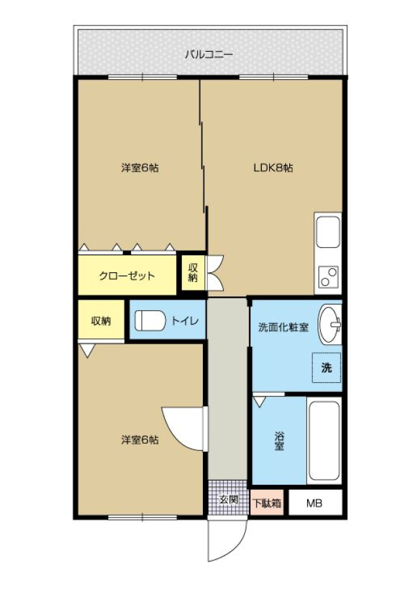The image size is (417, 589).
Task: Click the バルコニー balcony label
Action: click(209, 55)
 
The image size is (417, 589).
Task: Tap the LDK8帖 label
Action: click(273, 168)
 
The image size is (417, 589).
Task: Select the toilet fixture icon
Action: click(149, 321)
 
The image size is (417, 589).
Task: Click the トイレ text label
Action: click(185, 321)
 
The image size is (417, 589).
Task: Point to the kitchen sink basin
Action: click(328, 232)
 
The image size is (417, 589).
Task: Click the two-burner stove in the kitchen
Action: click(328, 277)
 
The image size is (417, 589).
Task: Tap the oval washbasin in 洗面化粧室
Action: click(330, 325)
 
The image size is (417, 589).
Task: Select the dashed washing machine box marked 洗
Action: click(327, 367)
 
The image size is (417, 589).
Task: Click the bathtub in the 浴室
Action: click(324, 440)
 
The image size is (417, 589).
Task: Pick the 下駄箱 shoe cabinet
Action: click(267, 503)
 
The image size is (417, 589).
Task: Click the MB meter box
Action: click(315, 503)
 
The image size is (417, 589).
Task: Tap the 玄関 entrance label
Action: click(228, 499)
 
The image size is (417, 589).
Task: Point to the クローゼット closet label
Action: click(127, 276)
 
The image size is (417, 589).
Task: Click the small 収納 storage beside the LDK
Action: click(193, 273)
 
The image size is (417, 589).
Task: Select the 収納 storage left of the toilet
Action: click(101, 320)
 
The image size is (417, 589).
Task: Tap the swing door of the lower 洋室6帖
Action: click(184, 428)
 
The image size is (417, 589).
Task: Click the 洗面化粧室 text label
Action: click(283, 327)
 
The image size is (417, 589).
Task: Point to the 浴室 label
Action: click(279, 441)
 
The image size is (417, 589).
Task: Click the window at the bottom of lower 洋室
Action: click(142, 517)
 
